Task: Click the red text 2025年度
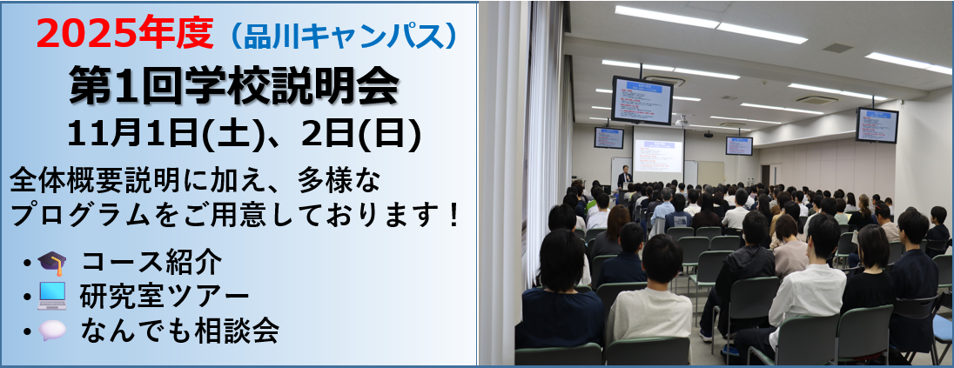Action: click(x=125, y=33)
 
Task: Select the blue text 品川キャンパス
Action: click(x=343, y=36)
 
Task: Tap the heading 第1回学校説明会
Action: click(x=234, y=86)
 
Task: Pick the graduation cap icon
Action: click(x=51, y=264)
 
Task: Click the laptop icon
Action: click(x=51, y=298)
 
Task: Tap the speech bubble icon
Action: click(x=51, y=331)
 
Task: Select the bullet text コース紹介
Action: click(x=151, y=264)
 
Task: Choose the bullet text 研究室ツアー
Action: click(x=165, y=297)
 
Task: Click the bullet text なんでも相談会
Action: click(x=180, y=331)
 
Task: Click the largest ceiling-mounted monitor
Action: click(x=642, y=100)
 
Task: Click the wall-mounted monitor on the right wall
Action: click(x=877, y=125)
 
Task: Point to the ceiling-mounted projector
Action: click(x=682, y=121)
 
